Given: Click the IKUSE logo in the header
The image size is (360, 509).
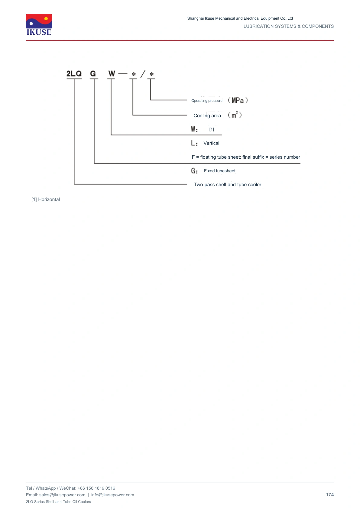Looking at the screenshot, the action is tap(39, 25).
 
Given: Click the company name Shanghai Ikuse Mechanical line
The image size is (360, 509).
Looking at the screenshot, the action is tap(240, 18).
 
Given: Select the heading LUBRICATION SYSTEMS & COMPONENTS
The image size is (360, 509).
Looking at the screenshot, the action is tap(288, 26).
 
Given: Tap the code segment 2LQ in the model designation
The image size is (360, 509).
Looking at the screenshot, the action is tap(74, 74).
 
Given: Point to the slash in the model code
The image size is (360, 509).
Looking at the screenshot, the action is tap(143, 74).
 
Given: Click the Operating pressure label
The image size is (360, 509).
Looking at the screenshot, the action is tap(206, 101).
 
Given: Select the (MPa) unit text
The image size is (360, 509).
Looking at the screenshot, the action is tap(238, 100).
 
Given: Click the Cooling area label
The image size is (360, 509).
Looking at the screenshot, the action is tap(207, 116).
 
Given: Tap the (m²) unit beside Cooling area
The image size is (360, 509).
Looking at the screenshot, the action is tap(235, 115).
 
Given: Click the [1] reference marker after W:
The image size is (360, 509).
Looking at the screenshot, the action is tap(212, 129).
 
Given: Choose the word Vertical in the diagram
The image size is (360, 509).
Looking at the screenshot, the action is tap(211, 143).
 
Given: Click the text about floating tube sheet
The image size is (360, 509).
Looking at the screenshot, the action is tap(246, 157).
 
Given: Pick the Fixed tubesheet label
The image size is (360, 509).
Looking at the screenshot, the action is tap(219, 171).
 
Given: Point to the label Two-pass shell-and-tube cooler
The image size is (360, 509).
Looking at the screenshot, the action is tap(227, 184).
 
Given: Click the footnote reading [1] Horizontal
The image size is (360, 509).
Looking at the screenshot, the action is tap(45, 199).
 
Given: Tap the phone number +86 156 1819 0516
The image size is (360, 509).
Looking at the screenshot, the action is tap(96, 488).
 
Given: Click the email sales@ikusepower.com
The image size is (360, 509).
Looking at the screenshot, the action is tap(62, 495).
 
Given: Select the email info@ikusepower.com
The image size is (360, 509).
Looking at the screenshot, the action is tap(112, 495).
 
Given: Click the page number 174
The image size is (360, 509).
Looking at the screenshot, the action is tap(329, 495).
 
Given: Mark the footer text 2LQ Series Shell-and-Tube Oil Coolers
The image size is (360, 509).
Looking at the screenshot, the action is tap(58, 501).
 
